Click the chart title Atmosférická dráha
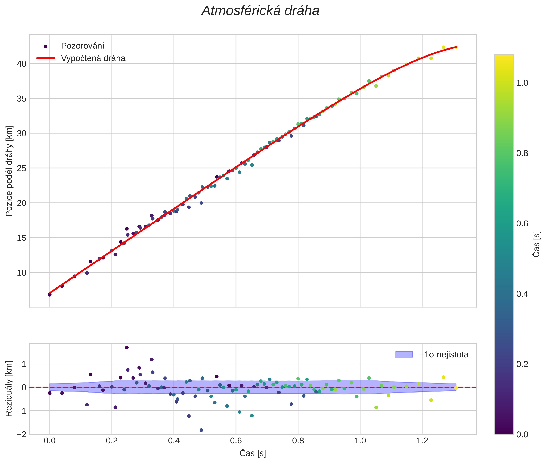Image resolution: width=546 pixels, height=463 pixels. pos(260,11)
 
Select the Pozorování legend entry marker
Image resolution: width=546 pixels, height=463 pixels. pos(46,46)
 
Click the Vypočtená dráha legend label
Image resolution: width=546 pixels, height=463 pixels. pos(93,58)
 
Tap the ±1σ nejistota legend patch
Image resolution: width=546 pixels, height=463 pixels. pos(404,354)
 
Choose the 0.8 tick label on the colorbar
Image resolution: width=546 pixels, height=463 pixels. pos(522,153)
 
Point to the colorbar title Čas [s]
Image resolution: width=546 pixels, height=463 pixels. pos(537,244)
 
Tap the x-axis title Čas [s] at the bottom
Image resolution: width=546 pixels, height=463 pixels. pos(253,453)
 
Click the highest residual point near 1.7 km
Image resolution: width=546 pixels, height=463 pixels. pos(127,348)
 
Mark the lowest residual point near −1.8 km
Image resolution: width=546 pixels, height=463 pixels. pos(201,430)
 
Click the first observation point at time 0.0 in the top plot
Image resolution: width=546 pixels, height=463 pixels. pos(50,295)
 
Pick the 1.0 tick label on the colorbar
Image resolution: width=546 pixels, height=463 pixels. pos(522,83)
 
